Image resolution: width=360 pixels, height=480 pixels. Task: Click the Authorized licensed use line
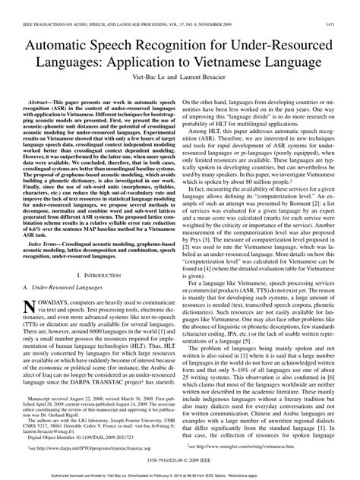point(180,475)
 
